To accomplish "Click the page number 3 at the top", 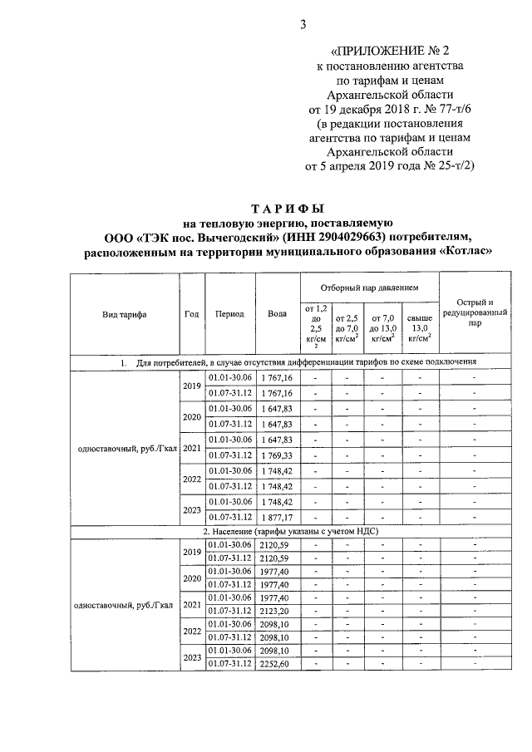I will pyautogui.click(x=303, y=24).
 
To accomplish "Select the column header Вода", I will pyautogui.click(x=277, y=315).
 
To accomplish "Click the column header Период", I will pyautogui.click(x=229, y=315).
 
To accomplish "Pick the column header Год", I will pyautogui.click(x=192, y=315).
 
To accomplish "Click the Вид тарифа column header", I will pyautogui.click(x=125, y=315).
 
